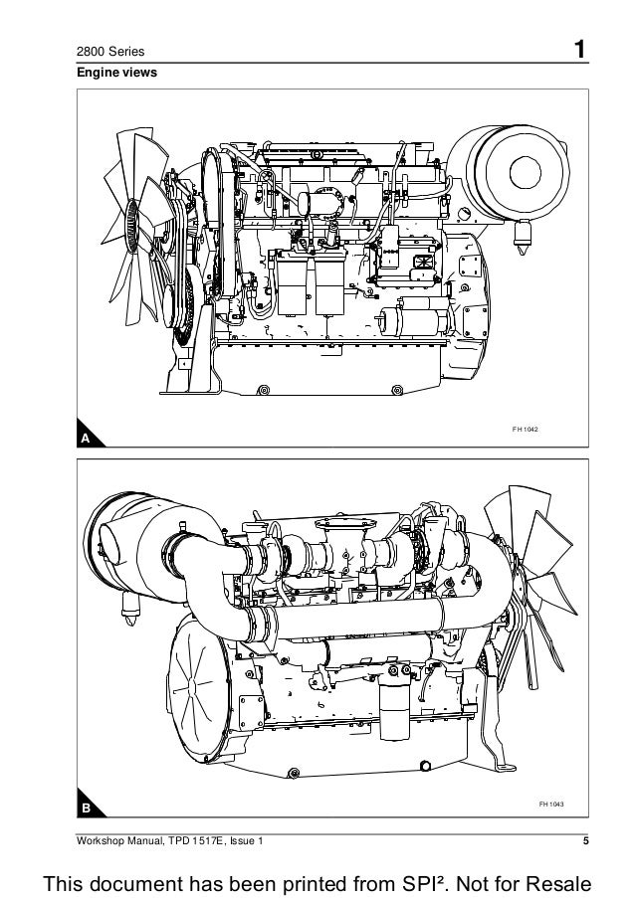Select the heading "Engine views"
tap(110, 74)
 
